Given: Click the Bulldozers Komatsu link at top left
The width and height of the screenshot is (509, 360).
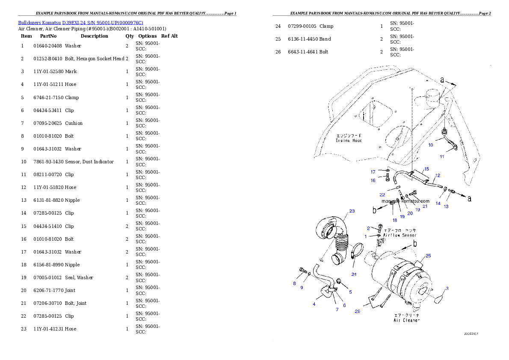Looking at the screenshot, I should click(80, 22).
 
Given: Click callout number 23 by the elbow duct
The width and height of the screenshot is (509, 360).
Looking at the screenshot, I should click(352, 211).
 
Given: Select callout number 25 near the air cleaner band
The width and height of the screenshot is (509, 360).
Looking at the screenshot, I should click(428, 256).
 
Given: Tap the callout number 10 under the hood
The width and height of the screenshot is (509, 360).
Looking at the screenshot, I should click(431, 145).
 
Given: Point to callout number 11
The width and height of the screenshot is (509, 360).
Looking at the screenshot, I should click(442, 156).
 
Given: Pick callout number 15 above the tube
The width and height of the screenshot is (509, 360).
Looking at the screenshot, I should click(426, 169).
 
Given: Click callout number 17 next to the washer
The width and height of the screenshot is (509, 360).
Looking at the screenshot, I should click(373, 172).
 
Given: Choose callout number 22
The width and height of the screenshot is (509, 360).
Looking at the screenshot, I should click(382, 195).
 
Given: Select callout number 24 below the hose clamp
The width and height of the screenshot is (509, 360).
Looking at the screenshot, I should click(354, 274).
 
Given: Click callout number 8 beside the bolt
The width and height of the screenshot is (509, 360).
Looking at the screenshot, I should click(294, 283).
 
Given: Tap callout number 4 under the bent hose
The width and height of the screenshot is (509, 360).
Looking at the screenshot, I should click(314, 304).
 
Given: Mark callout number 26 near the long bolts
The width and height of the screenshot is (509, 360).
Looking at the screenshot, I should click(358, 311).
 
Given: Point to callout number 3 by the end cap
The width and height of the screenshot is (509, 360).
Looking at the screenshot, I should click(447, 289).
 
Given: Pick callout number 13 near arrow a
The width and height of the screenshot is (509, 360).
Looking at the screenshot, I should click(446, 207).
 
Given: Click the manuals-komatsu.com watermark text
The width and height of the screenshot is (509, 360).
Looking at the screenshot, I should click(405, 201).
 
